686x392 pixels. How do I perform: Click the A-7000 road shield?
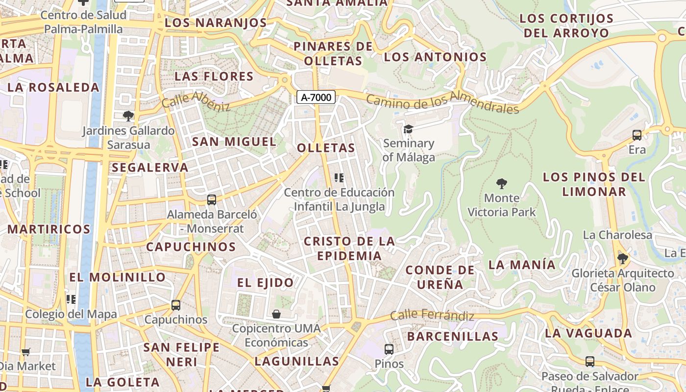click(316, 97)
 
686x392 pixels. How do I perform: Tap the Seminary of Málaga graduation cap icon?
click(408, 129)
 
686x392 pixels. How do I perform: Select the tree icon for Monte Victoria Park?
click(501, 184)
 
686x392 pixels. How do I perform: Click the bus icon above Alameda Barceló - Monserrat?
click(212, 199)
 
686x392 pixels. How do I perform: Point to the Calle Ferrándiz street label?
click(432, 315)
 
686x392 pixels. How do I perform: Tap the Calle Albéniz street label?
click(195, 100)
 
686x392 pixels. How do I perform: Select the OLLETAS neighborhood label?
click(326, 148)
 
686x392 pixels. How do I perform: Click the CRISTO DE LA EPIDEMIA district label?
click(349, 248)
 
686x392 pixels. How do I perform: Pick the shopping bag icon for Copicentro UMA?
click(276, 314)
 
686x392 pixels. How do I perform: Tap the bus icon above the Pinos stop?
click(389, 349)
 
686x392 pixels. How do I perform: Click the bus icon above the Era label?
click(637, 135)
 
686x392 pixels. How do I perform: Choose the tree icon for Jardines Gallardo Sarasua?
click(128, 116)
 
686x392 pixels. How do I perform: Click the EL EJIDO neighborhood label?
click(265, 282)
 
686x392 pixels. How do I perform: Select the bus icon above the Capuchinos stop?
click(176, 305)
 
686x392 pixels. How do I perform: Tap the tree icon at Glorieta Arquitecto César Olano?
click(622, 258)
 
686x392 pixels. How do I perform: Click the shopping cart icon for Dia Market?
click(26, 351)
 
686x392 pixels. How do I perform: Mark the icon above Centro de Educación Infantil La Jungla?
click(339, 178)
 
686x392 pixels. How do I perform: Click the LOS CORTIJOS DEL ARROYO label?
click(566, 26)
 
